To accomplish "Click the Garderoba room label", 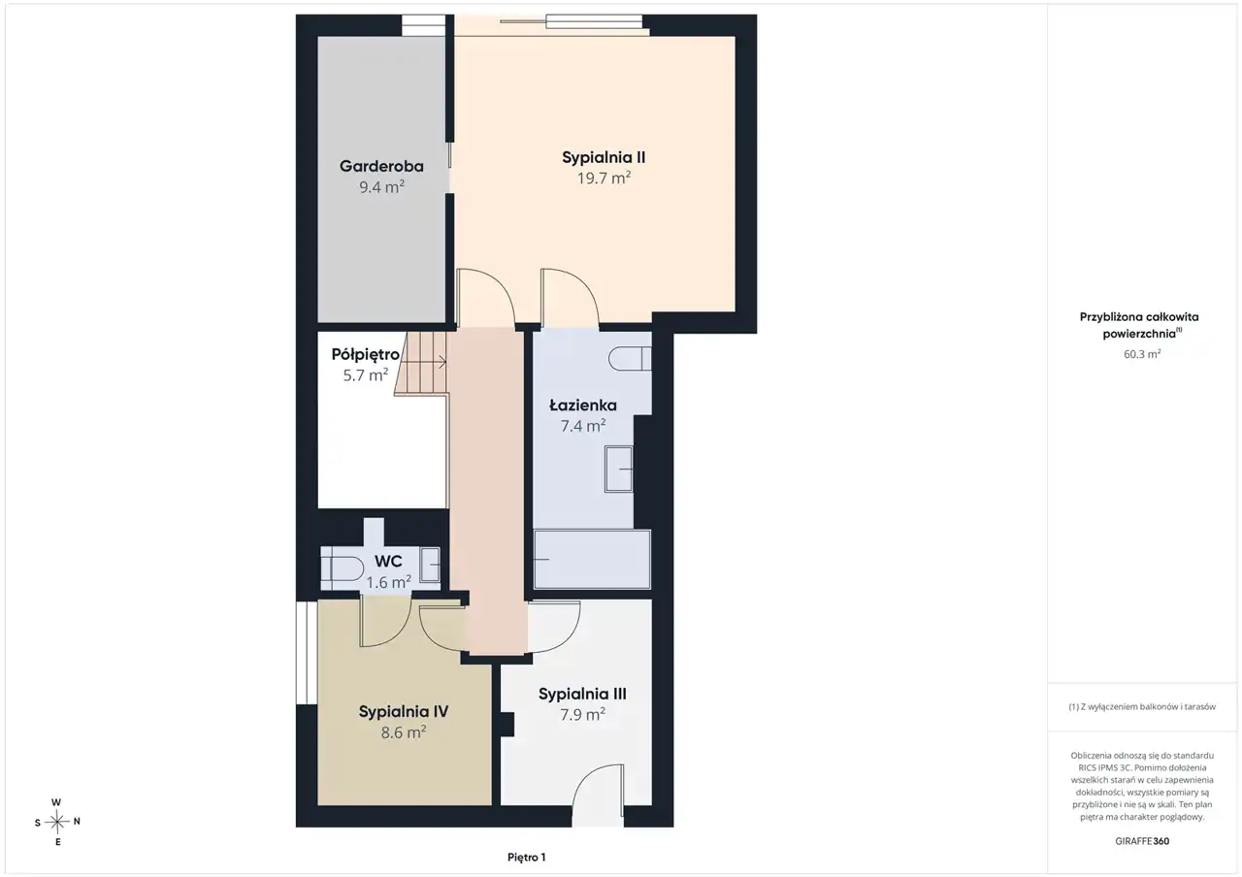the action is [x=381, y=166].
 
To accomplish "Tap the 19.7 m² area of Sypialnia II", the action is [x=604, y=178].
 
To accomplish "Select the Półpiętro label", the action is [x=366, y=355].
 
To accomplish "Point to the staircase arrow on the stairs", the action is [x=427, y=363].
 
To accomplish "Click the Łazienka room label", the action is [x=583, y=406].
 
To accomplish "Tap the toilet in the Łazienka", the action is [x=630, y=359].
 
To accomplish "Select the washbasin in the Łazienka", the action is [x=619, y=469].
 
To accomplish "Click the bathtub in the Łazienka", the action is [x=592, y=560].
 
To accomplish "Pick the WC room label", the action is [x=388, y=561].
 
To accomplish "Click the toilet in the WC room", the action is [x=343, y=568].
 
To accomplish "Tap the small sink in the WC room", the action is [x=430, y=565].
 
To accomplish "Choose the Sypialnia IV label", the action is [x=404, y=712].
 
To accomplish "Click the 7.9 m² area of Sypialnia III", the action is [x=582, y=715].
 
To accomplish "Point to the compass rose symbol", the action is [x=57, y=822].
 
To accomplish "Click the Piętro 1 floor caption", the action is [x=527, y=857].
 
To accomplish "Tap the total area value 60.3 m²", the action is [x=1142, y=354].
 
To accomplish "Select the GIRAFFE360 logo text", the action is [x=1142, y=841].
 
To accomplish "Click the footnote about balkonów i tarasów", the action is [x=1142, y=707].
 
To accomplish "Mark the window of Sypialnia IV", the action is [x=307, y=653].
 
